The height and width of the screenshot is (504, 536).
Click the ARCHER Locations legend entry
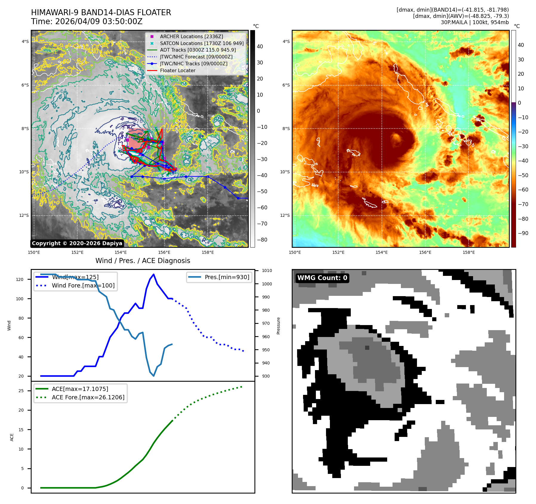click(x=191, y=36)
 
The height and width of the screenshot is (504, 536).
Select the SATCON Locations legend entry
click(x=202, y=43)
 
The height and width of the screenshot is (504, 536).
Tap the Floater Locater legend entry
click(x=177, y=71)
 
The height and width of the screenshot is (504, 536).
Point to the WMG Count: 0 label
click(x=322, y=278)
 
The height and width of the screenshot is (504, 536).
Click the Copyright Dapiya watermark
click(x=77, y=243)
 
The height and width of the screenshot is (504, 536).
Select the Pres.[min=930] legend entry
click(x=227, y=277)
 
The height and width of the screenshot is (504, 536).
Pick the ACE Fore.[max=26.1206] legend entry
click(x=88, y=397)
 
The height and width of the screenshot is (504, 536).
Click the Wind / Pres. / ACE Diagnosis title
click(x=143, y=261)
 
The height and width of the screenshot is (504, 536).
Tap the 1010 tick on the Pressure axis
click(x=267, y=271)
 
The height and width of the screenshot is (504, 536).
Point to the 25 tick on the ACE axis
click(x=21, y=391)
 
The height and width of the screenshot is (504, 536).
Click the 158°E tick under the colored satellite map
click(x=469, y=252)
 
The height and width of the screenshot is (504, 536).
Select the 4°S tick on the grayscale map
click(x=25, y=42)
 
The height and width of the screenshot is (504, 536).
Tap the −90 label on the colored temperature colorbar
click(x=523, y=233)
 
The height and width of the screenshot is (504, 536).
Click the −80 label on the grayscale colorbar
click(x=262, y=240)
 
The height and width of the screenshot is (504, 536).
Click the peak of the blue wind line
click(x=154, y=274)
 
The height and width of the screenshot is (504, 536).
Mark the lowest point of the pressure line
click(x=154, y=376)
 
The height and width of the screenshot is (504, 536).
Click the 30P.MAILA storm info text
click(x=475, y=22)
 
